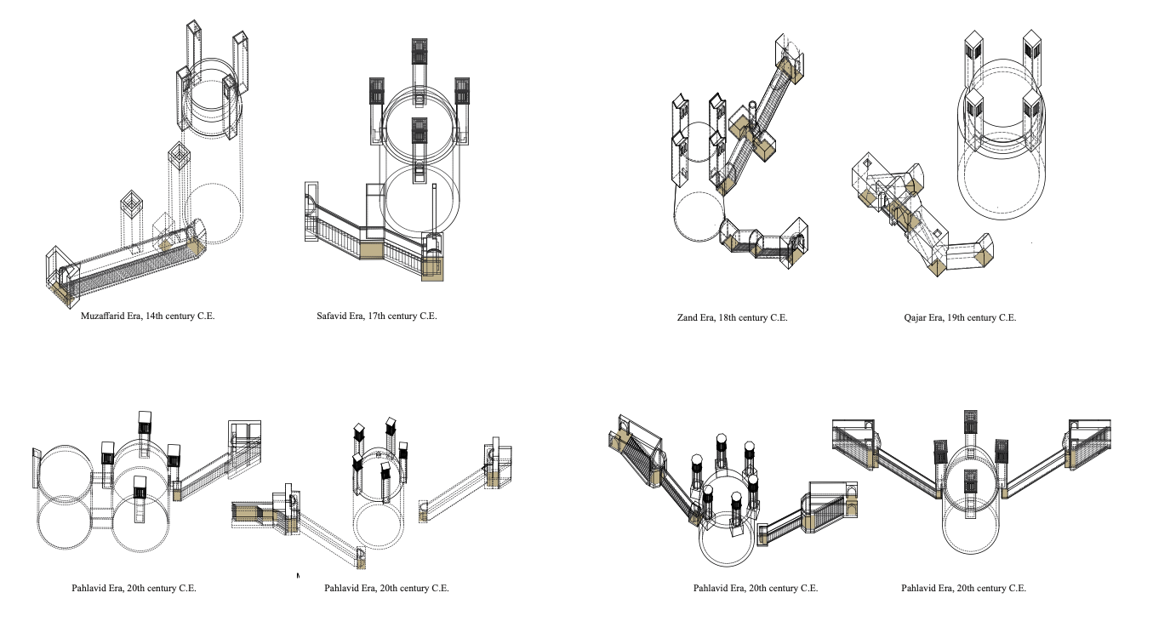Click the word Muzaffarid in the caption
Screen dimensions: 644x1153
coord(101,316)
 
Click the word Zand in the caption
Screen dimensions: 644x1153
coord(687,318)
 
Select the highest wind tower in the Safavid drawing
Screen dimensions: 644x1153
coord(420,53)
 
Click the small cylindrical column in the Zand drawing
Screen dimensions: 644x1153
coord(752,114)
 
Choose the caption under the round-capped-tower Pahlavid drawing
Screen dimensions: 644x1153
coord(756,589)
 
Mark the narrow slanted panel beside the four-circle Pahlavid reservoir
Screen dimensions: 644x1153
coord(37,467)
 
